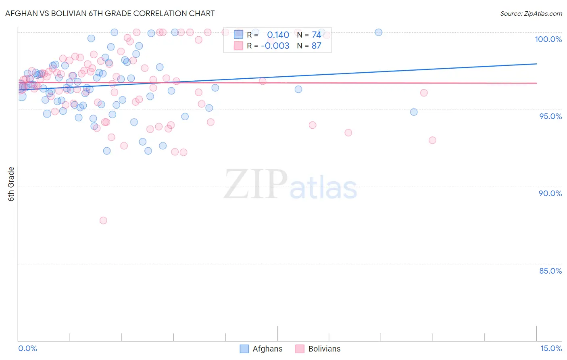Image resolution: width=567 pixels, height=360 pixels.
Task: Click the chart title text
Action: click(110, 13)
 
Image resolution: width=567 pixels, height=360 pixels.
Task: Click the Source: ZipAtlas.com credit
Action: click(531, 13)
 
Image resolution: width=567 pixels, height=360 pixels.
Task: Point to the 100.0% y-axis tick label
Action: click(548, 39)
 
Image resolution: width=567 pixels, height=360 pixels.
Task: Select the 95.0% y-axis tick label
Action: click(550, 116)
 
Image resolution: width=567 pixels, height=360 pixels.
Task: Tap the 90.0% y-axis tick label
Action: click(550, 193)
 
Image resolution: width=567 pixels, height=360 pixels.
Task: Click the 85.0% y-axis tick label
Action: click(550, 271)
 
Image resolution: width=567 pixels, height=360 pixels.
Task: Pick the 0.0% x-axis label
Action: click(27, 348)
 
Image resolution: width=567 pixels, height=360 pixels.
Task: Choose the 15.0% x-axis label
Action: click(551, 348)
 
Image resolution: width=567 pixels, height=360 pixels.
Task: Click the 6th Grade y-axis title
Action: click(11, 184)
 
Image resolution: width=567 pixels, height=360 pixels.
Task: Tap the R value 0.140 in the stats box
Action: click(278, 35)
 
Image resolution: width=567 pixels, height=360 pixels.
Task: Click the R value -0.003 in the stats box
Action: click(275, 46)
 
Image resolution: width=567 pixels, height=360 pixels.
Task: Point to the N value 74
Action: click(316, 35)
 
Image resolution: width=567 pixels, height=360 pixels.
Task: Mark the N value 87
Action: click(316, 46)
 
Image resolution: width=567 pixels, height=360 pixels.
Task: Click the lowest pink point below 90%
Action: click(103, 220)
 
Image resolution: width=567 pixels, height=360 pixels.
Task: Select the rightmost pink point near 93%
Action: click(432, 140)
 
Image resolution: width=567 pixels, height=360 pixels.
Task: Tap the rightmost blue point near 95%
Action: click(414, 112)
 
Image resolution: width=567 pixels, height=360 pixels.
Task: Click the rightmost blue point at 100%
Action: click(378, 32)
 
